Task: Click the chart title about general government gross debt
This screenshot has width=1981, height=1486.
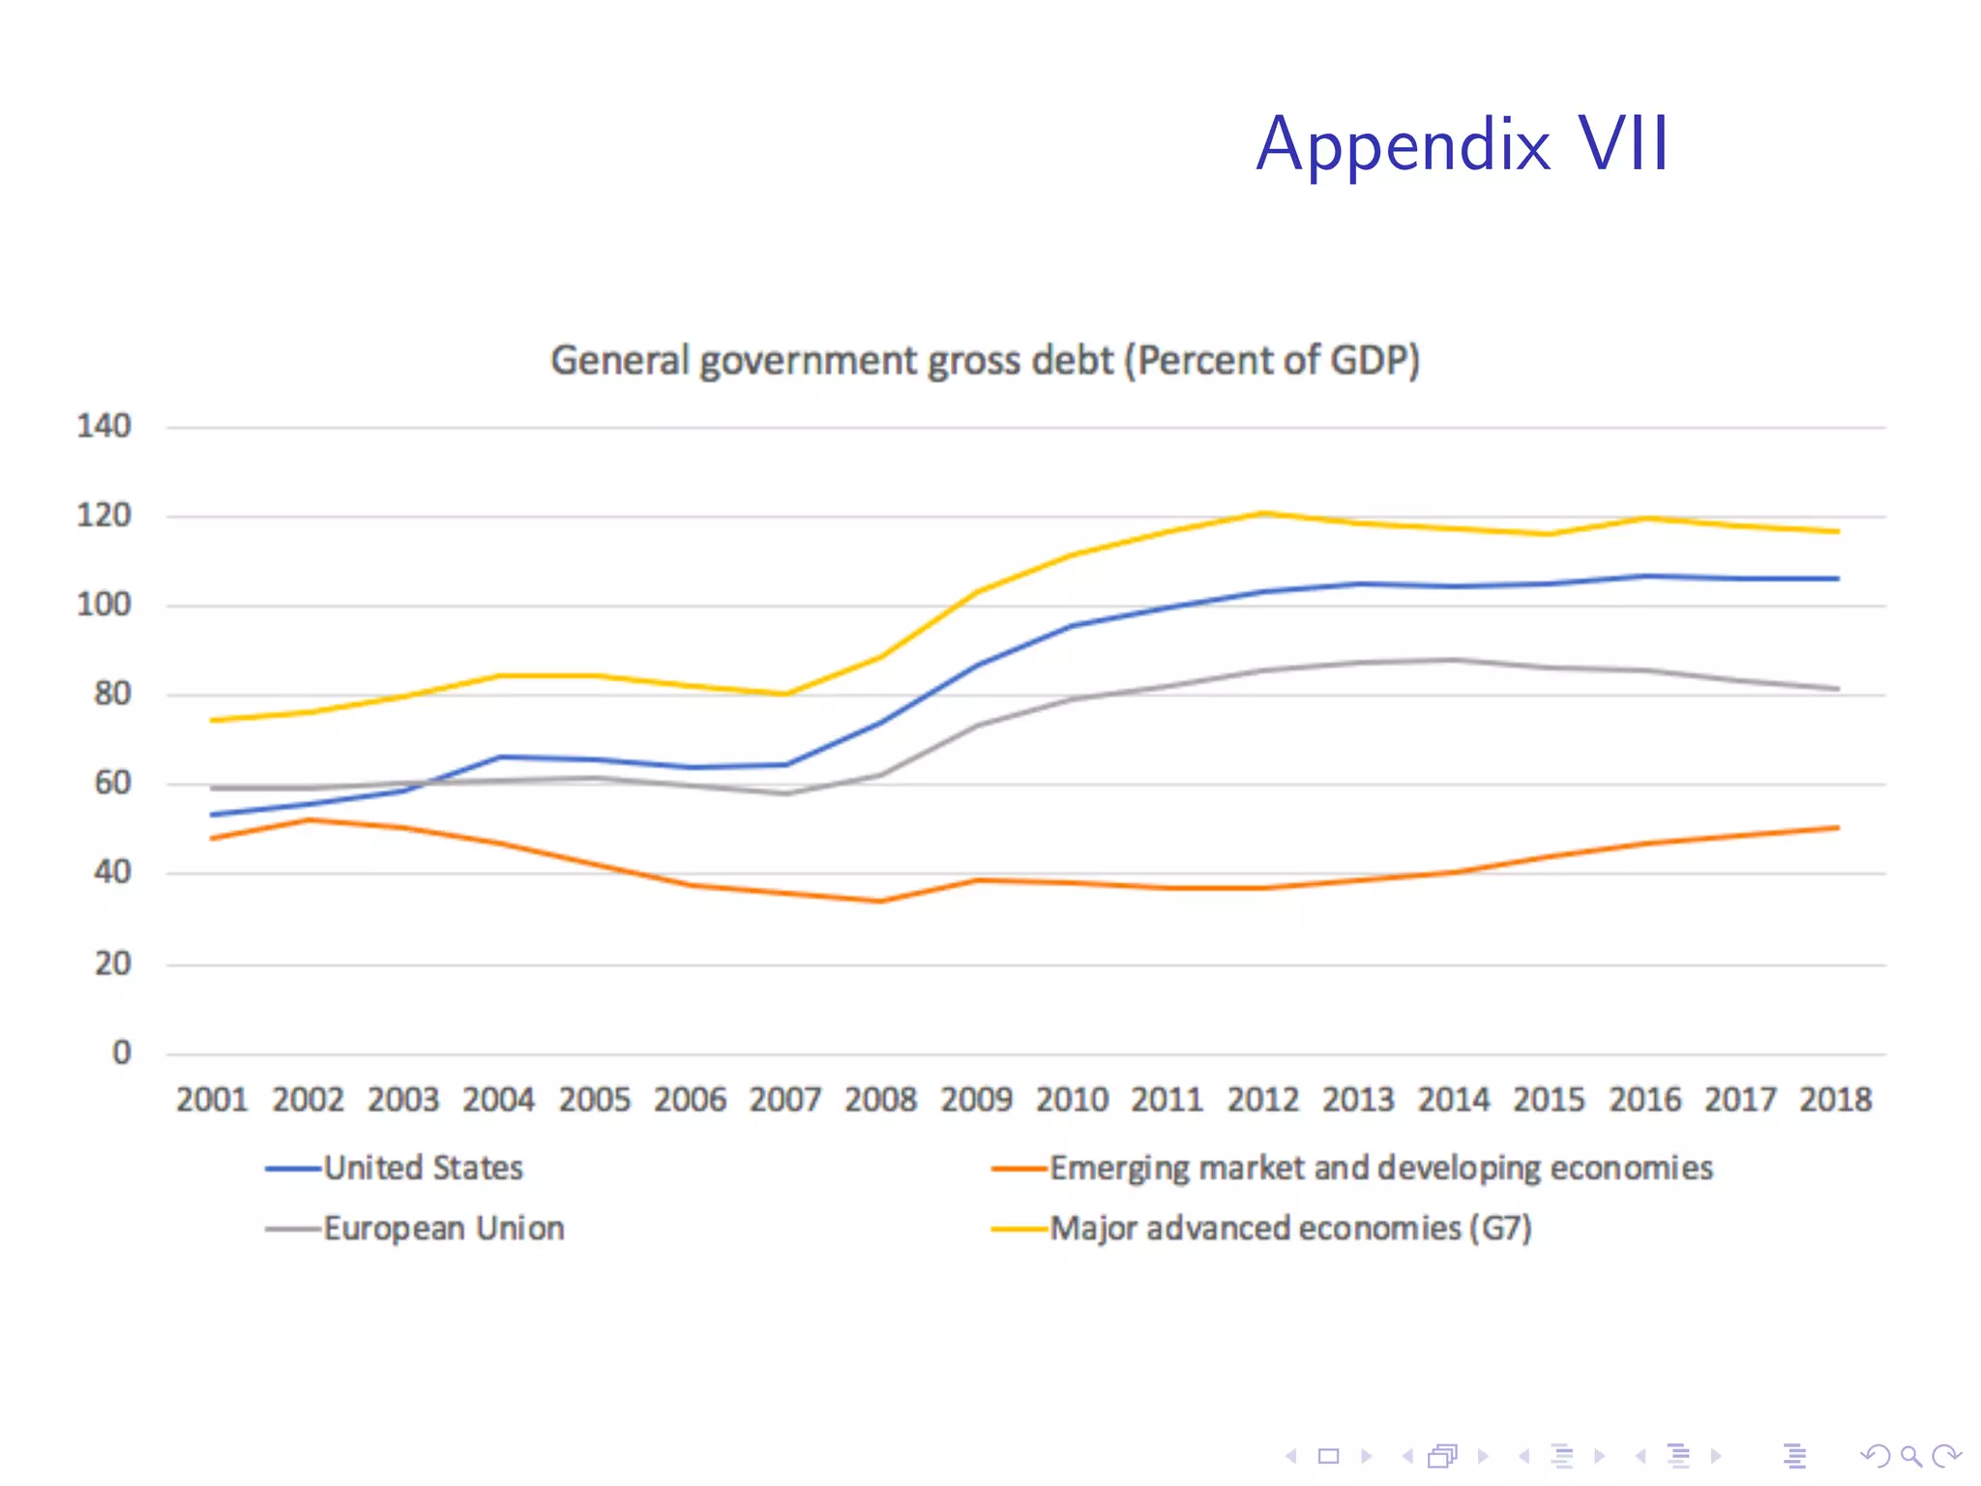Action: coord(985,360)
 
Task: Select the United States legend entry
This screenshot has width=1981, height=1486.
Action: coord(423,1168)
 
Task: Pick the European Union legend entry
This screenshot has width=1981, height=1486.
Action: coord(443,1229)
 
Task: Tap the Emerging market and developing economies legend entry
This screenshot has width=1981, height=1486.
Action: coord(1380,1168)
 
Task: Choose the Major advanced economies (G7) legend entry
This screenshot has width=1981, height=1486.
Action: coord(1290,1229)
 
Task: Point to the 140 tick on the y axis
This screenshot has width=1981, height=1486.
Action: coord(103,426)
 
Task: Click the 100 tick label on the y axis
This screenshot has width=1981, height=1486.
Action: coord(103,605)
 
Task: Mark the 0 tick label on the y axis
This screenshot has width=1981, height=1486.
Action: coord(121,1053)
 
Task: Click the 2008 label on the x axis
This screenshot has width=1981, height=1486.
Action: coord(880,1100)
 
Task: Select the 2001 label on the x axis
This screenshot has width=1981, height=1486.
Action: coord(212,1100)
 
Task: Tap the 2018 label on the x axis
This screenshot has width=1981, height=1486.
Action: coord(1835,1100)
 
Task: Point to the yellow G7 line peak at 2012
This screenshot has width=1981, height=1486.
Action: coord(1263,513)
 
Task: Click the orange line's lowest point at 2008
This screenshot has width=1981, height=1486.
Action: coord(881,901)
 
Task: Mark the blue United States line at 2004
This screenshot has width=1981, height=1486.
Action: coord(499,757)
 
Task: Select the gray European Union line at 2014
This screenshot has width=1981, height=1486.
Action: coord(1454,660)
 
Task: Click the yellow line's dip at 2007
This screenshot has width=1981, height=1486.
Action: coord(785,694)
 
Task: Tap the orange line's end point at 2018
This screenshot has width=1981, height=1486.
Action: coord(1836,827)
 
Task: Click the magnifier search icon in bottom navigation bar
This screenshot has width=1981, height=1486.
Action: coord(1910,1455)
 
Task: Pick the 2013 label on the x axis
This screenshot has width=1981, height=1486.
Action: coord(1358,1100)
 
